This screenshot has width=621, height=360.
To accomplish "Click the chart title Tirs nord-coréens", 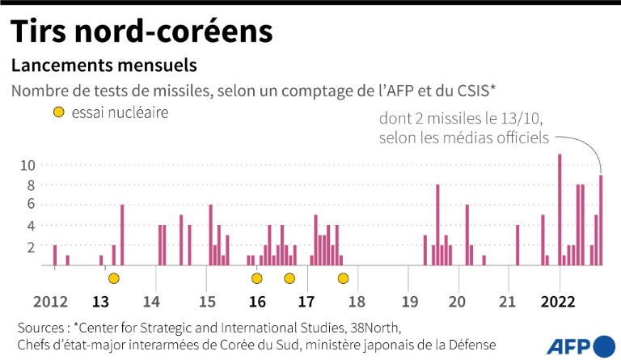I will (141, 32).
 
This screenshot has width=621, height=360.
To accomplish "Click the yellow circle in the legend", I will (59, 113).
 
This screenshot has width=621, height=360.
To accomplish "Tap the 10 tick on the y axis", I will (27, 166).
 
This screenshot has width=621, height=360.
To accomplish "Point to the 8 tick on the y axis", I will (30, 185).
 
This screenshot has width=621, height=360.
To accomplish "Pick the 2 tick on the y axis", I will (30, 246).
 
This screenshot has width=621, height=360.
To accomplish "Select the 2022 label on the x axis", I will (559, 303).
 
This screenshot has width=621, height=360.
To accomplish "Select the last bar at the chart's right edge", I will (601, 219).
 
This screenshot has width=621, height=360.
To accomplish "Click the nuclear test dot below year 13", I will (114, 278).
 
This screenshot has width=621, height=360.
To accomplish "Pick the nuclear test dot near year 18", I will (343, 278).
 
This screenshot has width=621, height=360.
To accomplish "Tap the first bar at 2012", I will (55, 255).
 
